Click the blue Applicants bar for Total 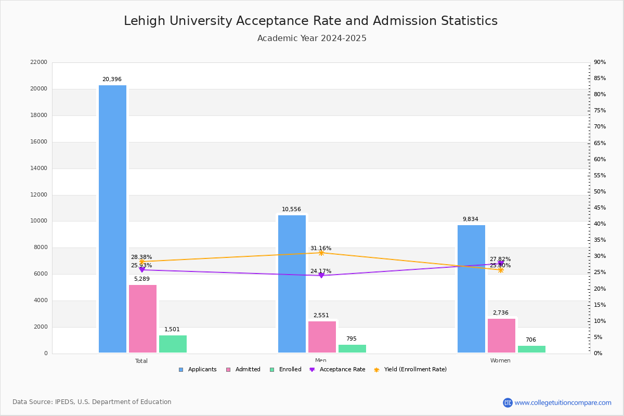pyautogui.click(x=112, y=219)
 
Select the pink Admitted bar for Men pyautogui.click(x=322, y=337)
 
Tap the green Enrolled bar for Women pyautogui.click(x=531, y=349)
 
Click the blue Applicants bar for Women pyautogui.click(x=471, y=289)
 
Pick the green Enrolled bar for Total pyautogui.click(x=173, y=344)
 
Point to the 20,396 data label pyautogui.click(x=112, y=80)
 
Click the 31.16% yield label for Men pyautogui.click(x=321, y=249)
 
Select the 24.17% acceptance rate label pyautogui.click(x=321, y=271)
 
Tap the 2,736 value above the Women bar pyautogui.click(x=501, y=313)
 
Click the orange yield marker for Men pyautogui.click(x=321, y=253)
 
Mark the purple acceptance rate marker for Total pyautogui.click(x=142, y=270)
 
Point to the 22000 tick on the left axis pyautogui.click(x=39, y=62)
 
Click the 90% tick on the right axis pyautogui.click(x=600, y=62)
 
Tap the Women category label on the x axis pyautogui.click(x=500, y=361)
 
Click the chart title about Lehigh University pyautogui.click(x=310, y=21)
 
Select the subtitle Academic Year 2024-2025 pyautogui.click(x=311, y=38)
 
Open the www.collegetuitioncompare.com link pyautogui.click(x=563, y=402)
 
